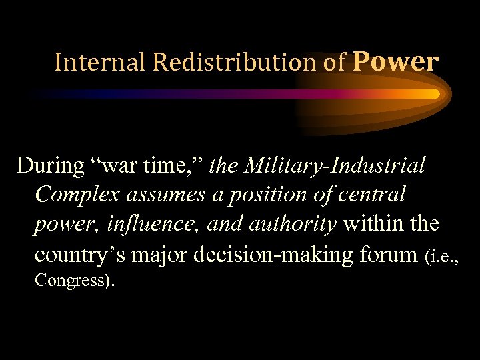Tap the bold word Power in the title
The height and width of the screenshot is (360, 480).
pyautogui.click(x=395, y=61)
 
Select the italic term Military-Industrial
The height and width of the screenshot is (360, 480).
pyautogui.click(x=336, y=165)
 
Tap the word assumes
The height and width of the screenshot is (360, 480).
pyautogui.click(x=154, y=195)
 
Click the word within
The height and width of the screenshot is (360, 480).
pyautogui.click(x=371, y=225)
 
